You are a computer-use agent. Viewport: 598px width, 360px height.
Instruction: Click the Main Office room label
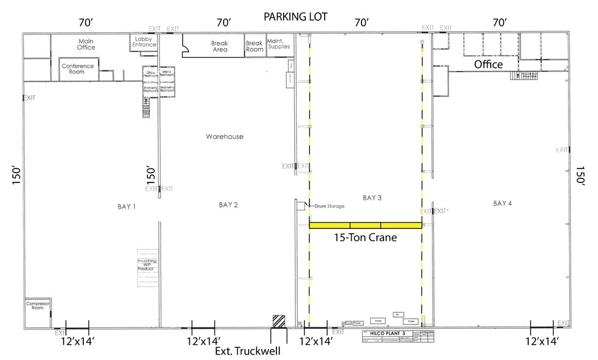(86, 44)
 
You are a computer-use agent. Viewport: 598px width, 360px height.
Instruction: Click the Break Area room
(219, 47)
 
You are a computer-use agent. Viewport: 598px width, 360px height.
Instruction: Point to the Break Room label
(255, 47)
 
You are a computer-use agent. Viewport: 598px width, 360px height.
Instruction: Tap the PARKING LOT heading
(296, 17)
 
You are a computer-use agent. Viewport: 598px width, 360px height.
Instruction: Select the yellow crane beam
(365, 225)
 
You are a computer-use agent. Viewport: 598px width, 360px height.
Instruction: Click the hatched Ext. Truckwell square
(279, 321)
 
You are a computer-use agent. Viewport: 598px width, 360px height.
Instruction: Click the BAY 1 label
(126, 207)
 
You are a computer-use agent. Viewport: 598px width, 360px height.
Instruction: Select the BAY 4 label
(502, 203)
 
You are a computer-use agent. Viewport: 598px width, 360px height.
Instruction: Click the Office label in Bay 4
(488, 64)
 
